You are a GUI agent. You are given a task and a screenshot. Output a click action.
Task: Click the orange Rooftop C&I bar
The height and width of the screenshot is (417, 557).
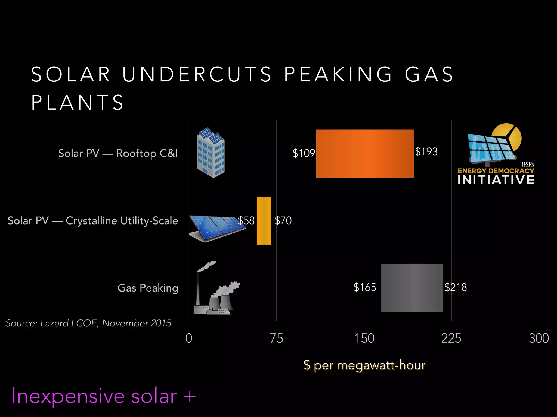[365, 154]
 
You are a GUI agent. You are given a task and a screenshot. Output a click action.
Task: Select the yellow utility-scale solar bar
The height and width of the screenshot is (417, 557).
[264, 220]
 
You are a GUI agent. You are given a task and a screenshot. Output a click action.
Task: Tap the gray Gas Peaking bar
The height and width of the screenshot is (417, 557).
[412, 288]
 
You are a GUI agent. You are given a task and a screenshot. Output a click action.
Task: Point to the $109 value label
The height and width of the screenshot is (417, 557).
[304, 153]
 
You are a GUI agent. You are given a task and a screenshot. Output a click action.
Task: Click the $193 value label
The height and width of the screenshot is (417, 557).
[426, 151]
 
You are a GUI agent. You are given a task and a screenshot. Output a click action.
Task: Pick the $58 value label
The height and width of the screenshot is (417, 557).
[246, 220]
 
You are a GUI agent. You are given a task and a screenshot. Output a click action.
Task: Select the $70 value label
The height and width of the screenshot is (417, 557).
[283, 220]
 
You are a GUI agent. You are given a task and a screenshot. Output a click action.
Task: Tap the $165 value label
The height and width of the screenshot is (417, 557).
[364, 287]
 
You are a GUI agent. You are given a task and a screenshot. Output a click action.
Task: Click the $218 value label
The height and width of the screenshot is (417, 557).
[456, 287]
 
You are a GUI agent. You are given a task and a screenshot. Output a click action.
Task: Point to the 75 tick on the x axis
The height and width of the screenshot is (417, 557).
[277, 339]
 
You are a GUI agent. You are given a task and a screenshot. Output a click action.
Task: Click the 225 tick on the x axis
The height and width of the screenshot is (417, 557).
[451, 339]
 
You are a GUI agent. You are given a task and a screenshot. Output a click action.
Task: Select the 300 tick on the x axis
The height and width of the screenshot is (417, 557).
[539, 339]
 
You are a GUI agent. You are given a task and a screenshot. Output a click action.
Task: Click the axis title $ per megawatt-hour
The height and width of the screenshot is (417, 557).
[364, 365]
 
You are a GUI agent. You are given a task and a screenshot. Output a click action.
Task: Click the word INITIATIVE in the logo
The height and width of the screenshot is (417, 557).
[496, 180]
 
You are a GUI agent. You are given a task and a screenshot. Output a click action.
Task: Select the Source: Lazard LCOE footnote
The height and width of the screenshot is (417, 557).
[88, 323]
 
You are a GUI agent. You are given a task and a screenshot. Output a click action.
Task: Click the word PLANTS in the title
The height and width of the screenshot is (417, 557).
[78, 103]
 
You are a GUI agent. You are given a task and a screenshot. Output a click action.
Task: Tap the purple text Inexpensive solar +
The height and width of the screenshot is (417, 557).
[103, 396]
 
